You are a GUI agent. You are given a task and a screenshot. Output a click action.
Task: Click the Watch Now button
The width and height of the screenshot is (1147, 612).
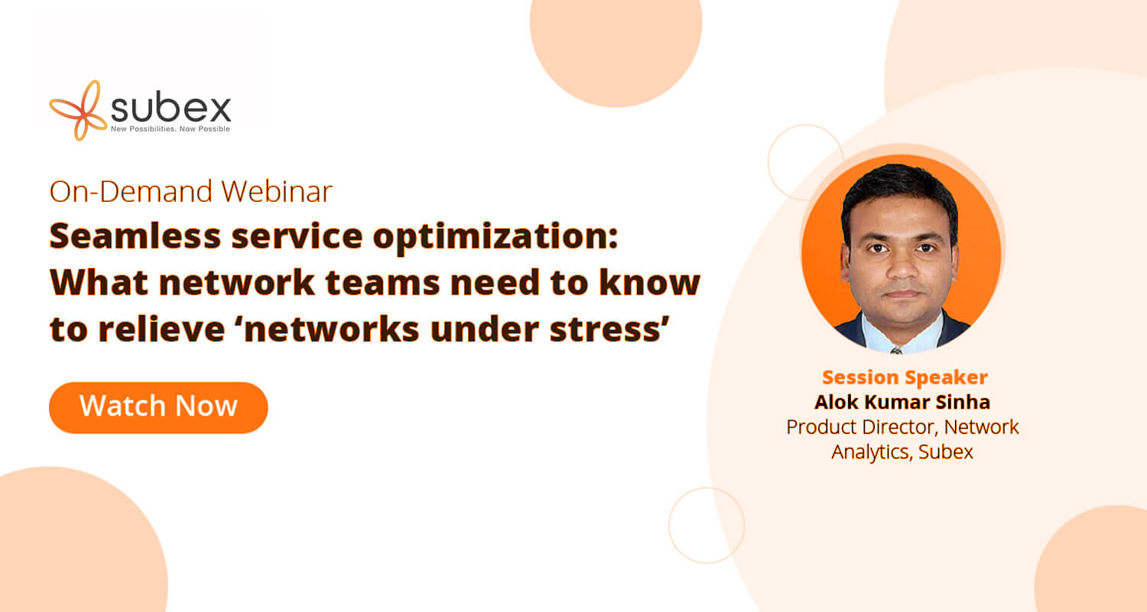pyautogui.click(x=158, y=408)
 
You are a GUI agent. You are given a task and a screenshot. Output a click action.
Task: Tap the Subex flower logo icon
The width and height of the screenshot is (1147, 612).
pyautogui.click(x=78, y=110)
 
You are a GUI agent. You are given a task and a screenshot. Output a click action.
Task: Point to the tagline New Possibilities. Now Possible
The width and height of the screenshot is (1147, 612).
pyautogui.click(x=171, y=129)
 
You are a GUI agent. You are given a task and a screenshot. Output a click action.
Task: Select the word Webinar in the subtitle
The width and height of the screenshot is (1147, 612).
pyautogui.click(x=277, y=191)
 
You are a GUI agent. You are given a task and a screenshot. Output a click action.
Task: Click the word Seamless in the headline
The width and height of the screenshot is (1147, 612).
pyautogui.click(x=135, y=236)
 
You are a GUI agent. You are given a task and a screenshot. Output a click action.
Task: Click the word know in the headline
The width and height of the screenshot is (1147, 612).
pyautogui.click(x=649, y=282)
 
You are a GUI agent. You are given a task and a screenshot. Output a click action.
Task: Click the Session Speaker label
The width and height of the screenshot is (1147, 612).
pyautogui.click(x=905, y=377)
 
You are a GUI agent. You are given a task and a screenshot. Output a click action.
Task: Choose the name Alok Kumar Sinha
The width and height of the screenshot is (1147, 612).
pyautogui.click(x=902, y=402)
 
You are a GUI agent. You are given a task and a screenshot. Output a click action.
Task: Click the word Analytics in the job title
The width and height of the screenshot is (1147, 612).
pyautogui.click(x=872, y=452)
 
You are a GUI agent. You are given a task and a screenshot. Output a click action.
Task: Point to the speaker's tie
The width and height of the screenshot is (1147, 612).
pyautogui.click(x=896, y=351)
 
